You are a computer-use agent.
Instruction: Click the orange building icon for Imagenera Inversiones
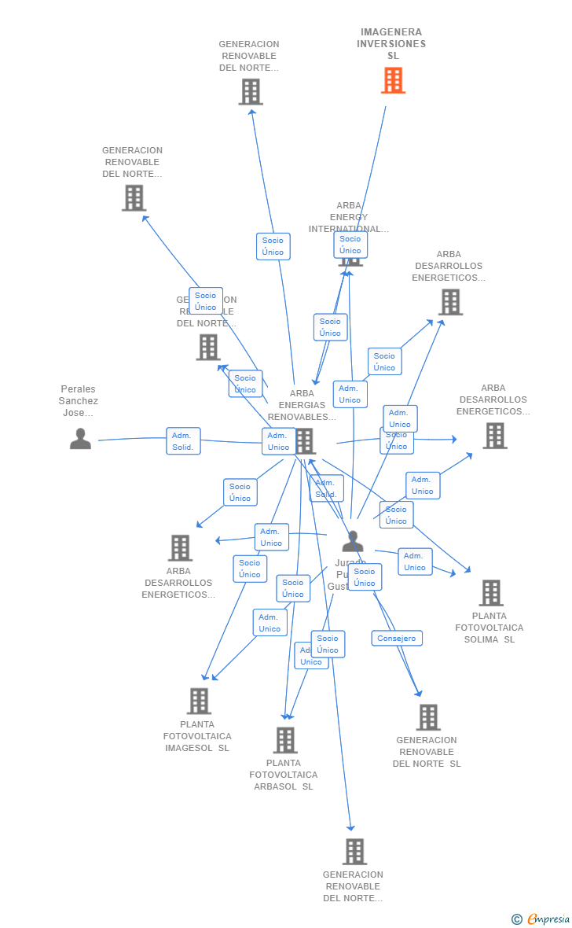(x=393, y=80)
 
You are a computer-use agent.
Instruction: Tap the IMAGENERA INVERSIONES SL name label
(x=391, y=44)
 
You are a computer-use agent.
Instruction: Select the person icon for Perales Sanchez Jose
(x=80, y=439)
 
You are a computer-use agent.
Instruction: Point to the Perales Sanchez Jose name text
(x=79, y=401)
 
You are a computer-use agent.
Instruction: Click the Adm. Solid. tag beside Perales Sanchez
(x=183, y=441)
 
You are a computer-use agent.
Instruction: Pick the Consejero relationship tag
(x=397, y=639)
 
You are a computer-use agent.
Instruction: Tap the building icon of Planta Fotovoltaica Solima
(x=491, y=593)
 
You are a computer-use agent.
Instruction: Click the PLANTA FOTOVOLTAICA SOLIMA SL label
(x=489, y=628)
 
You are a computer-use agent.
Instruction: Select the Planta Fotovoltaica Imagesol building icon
(x=200, y=701)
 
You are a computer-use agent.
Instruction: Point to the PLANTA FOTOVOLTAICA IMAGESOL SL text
(x=197, y=736)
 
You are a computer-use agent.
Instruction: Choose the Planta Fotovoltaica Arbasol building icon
(x=285, y=740)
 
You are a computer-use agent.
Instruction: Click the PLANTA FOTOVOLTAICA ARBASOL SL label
(x=284, y=775)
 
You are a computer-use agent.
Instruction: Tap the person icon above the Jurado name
(x=353, y=542)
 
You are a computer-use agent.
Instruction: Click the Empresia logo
(x=548, y=919)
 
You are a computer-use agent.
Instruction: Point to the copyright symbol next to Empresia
(x=516, y=919)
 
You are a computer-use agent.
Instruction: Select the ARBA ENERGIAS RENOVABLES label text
(x=302, y=405)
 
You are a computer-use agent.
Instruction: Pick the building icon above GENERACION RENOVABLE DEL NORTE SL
(x=428, y=717)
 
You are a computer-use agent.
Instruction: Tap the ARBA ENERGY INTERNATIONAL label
(x=349, y=217)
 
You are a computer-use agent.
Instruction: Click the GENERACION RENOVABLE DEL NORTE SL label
(x=427, y=752)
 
